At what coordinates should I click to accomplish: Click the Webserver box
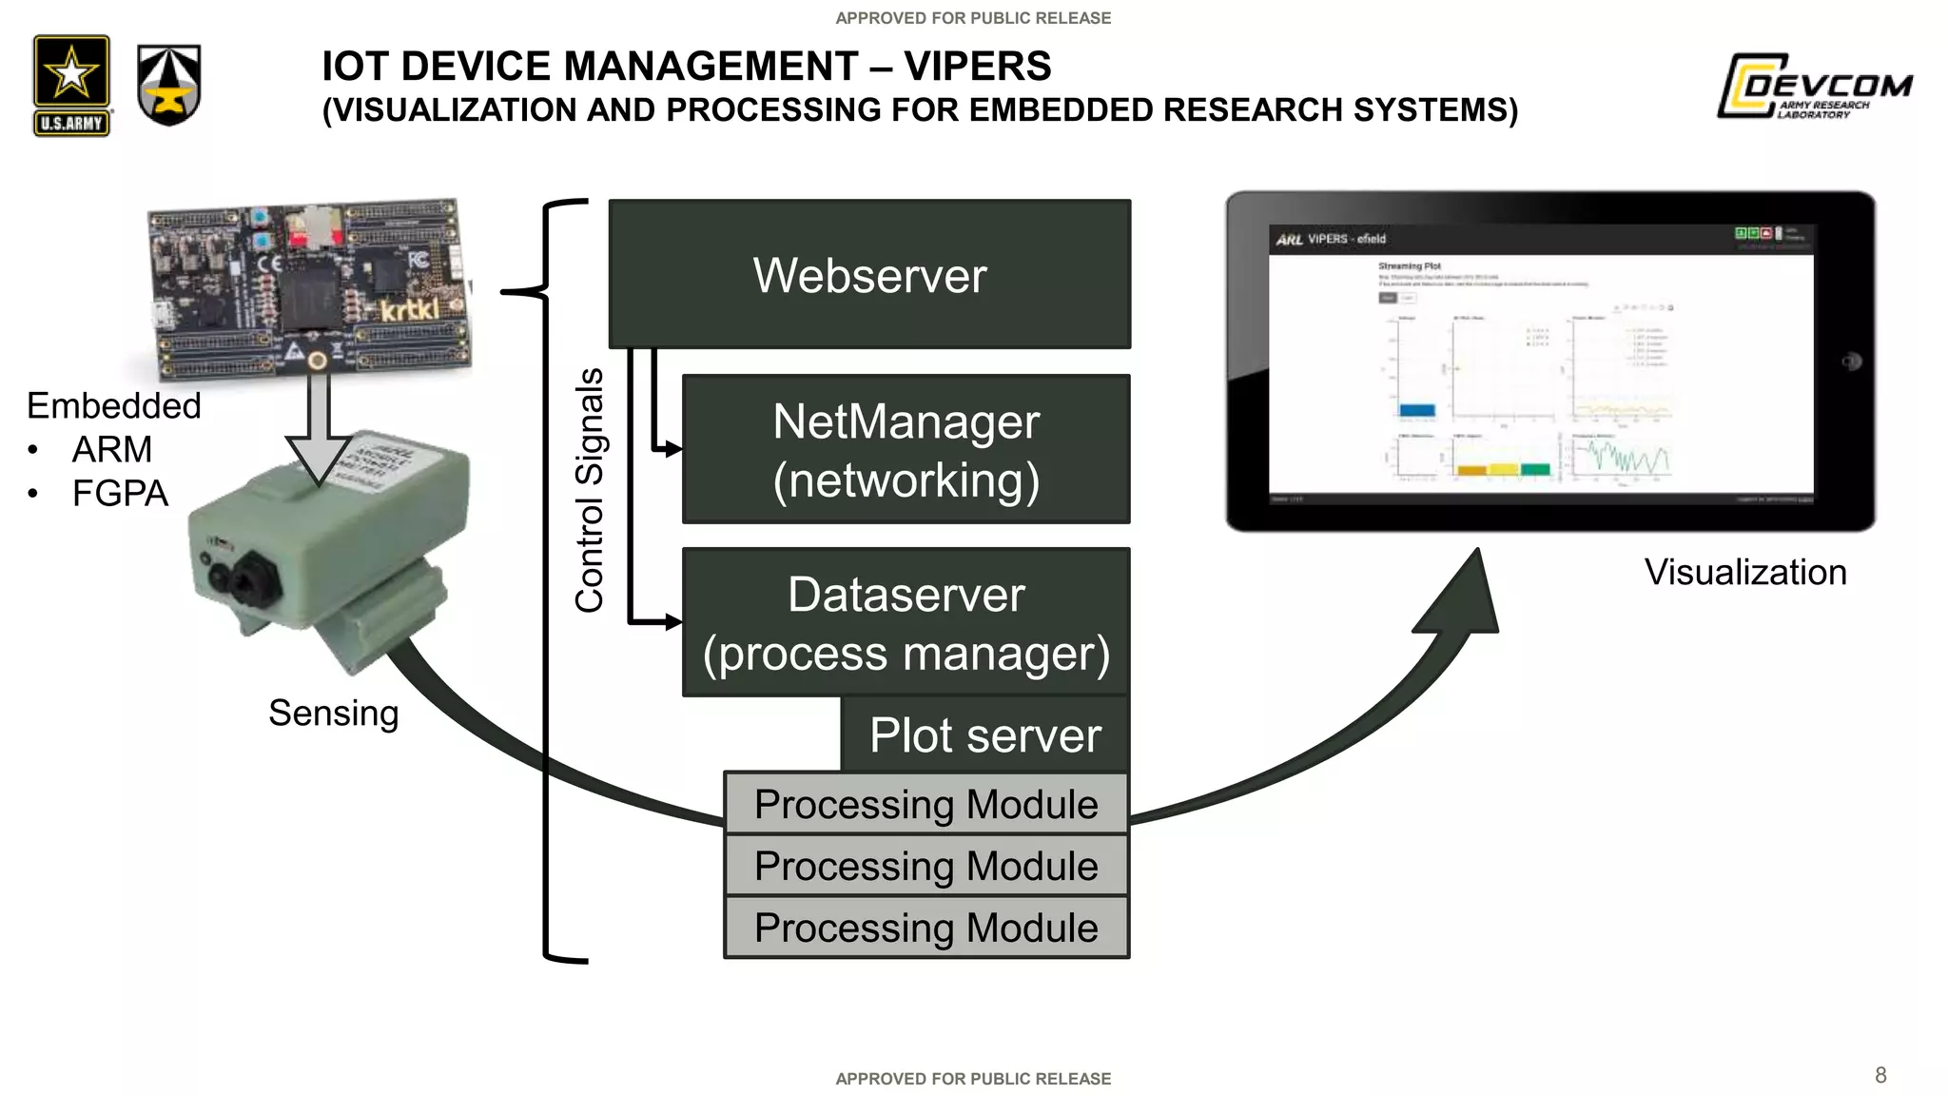[869, 274]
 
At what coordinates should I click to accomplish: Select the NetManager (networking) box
[906, 449]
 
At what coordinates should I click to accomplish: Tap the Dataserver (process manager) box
[906, 622]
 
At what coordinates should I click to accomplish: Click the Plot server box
[984, 734]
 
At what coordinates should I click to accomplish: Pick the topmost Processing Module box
[925, 804]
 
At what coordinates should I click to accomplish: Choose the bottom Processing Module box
[925, 928]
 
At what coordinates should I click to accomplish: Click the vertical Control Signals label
[590, 490]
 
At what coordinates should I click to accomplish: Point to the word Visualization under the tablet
[1745, 573]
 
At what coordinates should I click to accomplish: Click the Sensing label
[333, 714]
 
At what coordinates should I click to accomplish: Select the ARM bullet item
[111, 449]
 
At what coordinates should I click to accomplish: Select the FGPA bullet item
[120, 494]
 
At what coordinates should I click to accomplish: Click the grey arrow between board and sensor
[320, 428]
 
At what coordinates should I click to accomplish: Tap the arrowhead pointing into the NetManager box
[672, 449]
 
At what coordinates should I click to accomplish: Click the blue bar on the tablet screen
[1416, 410]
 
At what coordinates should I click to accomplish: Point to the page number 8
[1880, 1075]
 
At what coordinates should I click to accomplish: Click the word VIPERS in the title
[977, 67]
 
